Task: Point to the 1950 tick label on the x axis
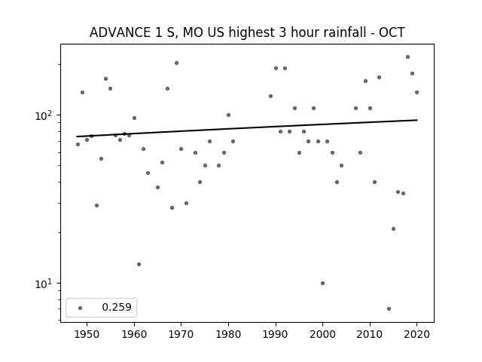click(x=87, y=334)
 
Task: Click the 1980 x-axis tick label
click(x=228, y=334)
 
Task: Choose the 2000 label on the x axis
click(x=322, y=334)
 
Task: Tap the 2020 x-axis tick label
click(x=416, y=334)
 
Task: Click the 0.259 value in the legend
click(x=117, y=307)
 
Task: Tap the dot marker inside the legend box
click(x=81, y=308)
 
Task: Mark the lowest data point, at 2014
click(x=389, y=308)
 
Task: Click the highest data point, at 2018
click(x=407, y=57)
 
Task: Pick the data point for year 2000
click(x=322, y=284)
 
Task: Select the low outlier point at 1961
click(x=139, y=265)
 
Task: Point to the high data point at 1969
click(x=176, y=63)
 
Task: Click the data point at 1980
click(x=228, y=115)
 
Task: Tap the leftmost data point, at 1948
click(x=78, y=144)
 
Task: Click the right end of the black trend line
click(x=417, y=120)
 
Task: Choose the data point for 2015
click(x=393, y=229)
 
